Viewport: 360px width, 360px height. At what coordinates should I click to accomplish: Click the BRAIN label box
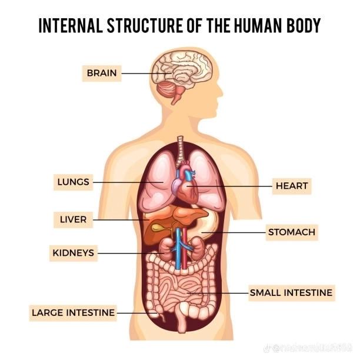pos(101,74)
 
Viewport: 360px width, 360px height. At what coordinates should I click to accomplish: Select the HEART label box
pos(292,186)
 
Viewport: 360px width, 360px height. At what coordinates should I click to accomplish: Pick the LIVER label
pos(73,220)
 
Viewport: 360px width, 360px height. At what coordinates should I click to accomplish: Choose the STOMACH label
pos(292,232)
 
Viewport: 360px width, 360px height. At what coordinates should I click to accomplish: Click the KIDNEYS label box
pos(73,253)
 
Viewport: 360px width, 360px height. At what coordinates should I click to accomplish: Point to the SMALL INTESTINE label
pos(291,292)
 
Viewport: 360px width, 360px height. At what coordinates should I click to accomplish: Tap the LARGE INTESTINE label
pos(73,312)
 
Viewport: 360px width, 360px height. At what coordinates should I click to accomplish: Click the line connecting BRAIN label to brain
pos(138,74)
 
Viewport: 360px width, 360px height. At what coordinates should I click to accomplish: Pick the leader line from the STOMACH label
pos(235,232)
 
